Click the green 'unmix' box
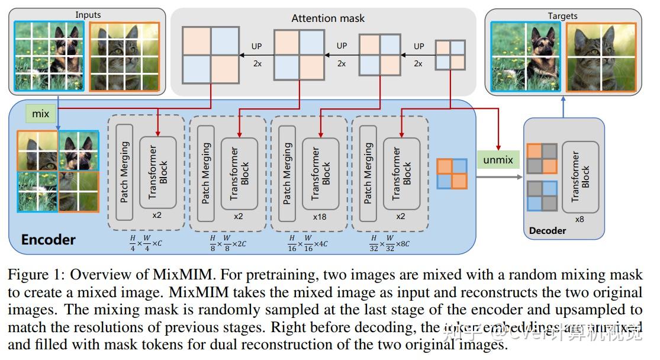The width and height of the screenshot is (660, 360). [x=498, y=159]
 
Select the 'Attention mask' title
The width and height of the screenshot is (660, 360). [x=327, y=18]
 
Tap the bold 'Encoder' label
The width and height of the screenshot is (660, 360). [x=49, y=240]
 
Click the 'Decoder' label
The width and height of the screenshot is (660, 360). [x=547, y=230]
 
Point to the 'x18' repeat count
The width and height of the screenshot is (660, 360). [x=320, y=216]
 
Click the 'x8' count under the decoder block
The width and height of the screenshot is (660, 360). [x=579, y=218]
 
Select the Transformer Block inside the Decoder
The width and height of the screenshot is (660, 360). [x=580, y=176]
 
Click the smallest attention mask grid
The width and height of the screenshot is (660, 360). [x=450, y=54]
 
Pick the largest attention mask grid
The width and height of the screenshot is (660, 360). [x=211, y=53]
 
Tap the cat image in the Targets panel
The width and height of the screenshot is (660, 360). [x=601, y=57]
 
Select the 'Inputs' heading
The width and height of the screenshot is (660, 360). [x=88, y=14]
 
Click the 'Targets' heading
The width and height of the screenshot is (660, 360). [x=562, y=16]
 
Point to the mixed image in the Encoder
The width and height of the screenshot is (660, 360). [x=58, y=172]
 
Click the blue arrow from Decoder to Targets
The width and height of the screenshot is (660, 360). [x=562, y=107]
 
